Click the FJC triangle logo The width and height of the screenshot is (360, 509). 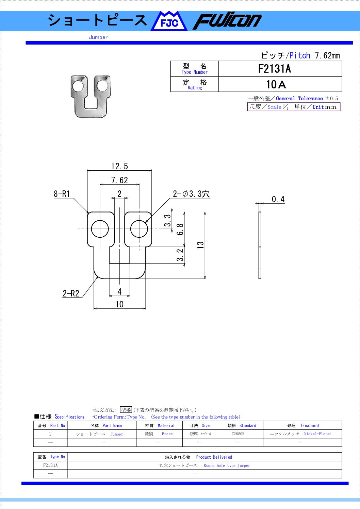169,22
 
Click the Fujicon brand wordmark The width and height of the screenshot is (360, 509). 227,22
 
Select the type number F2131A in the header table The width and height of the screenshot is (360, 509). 275,69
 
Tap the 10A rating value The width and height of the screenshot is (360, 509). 276,85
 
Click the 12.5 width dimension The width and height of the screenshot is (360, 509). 119,166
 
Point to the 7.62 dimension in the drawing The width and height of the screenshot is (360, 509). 120,180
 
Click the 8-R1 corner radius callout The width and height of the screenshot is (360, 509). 62,194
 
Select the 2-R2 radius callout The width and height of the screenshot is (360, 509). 71,293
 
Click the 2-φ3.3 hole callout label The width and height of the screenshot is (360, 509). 191,194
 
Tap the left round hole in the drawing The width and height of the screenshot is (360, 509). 100,228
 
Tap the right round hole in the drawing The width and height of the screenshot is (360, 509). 139,228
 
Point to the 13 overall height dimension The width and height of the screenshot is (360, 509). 200,245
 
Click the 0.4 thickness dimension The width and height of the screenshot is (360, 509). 278,199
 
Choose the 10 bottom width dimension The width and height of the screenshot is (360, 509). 119,304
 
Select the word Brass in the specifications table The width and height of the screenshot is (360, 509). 167,434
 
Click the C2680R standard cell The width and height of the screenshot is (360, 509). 238,434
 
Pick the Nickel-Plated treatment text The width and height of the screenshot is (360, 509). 317,434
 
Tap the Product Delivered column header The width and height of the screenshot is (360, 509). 214,457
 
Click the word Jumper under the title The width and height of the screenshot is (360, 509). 98,37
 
